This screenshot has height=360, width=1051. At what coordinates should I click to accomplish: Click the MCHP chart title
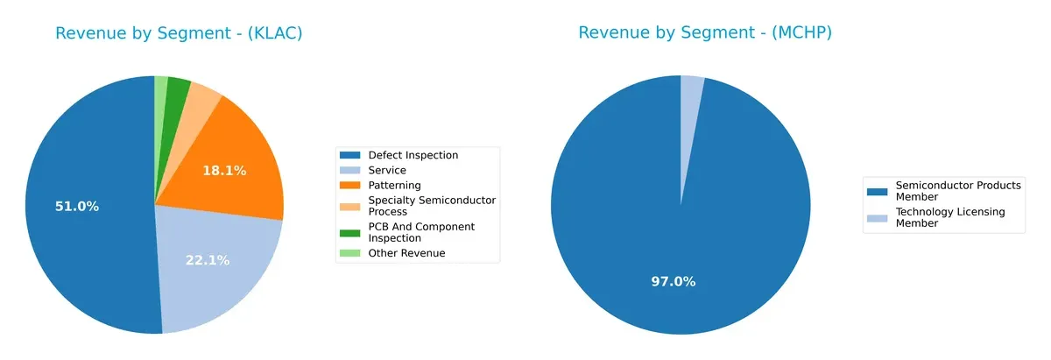pyautogui.click(x=704, y=33)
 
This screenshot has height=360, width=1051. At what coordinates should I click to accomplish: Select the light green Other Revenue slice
pyautogui.click(x=161, y=88)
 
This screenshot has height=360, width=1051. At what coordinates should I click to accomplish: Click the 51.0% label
pyautogui.click(x=77, y=207)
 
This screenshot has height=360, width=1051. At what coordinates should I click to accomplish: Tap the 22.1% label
pyautogui.click(x=208, y=260)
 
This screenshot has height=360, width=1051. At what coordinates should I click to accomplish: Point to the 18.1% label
pyautogui.click(x=224, y=171)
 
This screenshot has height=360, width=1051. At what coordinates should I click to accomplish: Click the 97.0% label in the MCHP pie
pyautogui.click(x=674, y=281)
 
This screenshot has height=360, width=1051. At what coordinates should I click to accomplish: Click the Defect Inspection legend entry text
pyautogui.click(x=413, y=156)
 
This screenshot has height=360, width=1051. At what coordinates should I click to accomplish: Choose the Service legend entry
pyautogui.click(x=386, y=170)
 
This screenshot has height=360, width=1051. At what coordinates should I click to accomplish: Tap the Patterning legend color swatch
pyautogui.click(x=350, y=186)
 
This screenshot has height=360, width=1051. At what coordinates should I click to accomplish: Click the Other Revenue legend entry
pyautogui.click(x=406, y=253)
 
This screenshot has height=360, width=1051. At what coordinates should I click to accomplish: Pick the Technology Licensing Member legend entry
pyautogui.click(x=949, y=217)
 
